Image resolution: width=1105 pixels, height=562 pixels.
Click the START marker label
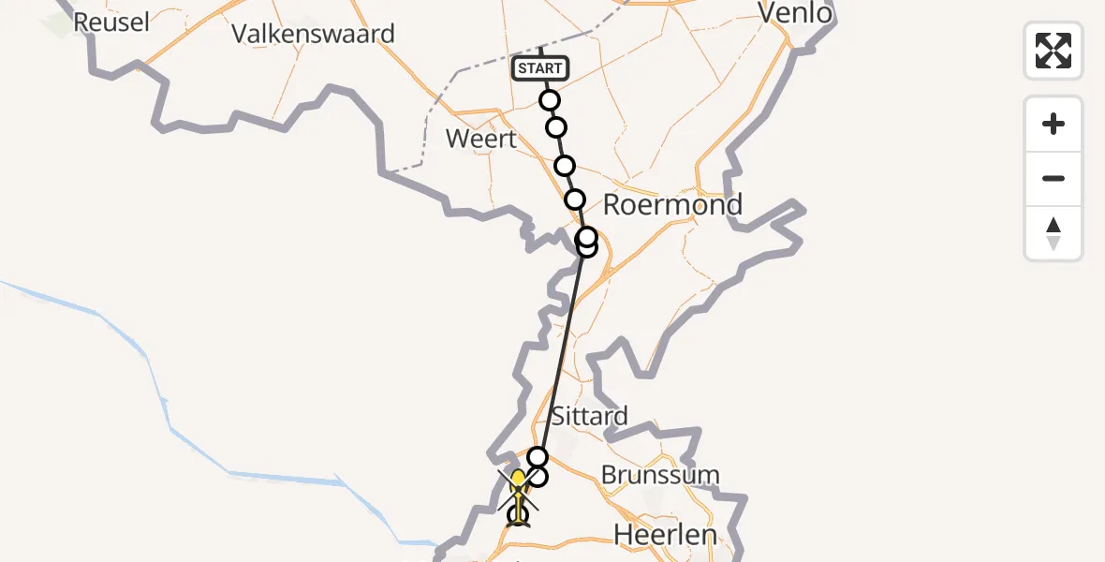[x=540, y=68]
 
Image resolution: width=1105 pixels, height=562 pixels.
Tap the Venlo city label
[x=795, y=13]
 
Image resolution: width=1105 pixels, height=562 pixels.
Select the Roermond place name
[x=672, y=204]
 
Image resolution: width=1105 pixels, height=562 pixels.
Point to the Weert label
[x=481, y=140]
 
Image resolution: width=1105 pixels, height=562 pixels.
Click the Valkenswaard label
[x=313, y=34]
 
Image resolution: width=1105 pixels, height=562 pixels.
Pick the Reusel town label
[x=110, y=22]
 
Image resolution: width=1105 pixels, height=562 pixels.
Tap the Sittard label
[x=589, y=416]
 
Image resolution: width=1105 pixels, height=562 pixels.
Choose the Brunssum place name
[x=660, y=475]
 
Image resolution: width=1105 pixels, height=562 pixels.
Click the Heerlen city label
[x=665, y=535]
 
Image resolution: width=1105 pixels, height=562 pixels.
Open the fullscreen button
[x=1053, y=51]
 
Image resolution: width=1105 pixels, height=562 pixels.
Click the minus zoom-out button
[x=1053, y=179]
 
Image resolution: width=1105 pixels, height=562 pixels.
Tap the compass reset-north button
[x=1053, y=233]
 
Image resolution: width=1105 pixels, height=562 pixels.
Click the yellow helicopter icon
[x=518, y=489]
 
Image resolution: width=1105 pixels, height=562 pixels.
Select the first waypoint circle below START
[x=550, y=100]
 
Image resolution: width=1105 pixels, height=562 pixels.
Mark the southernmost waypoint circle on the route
[x=518, y=514]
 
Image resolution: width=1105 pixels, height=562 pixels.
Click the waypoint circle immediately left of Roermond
[x=575, y=200]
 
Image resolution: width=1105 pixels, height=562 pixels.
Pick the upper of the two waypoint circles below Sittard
[x=538, y=457]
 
